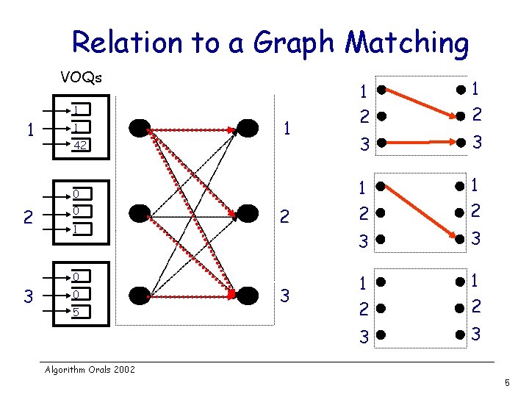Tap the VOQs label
(82, 77)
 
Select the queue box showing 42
(82, 146)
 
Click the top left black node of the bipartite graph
(139, 129)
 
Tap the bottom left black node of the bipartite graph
(139, 296)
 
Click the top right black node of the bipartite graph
(248, 129)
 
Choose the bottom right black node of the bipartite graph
(248, 296)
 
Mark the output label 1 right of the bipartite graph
(287, 129)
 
